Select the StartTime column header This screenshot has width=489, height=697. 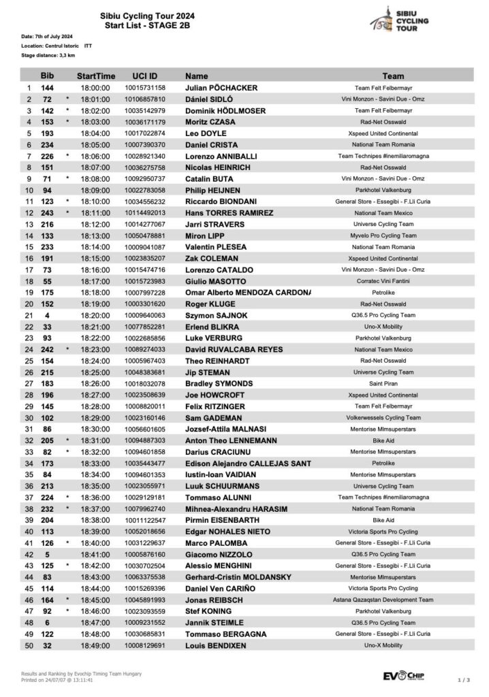[95, 76]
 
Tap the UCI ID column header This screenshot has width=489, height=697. [144, 76]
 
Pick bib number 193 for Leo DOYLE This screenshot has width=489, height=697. [48, 133]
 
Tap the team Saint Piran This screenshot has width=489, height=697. [394, 383]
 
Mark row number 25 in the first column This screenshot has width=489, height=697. [29, 361]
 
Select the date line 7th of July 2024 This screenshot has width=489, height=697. [47, 35]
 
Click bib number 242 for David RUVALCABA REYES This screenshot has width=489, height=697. [48, 349]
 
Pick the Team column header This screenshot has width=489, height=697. [394, 76]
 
